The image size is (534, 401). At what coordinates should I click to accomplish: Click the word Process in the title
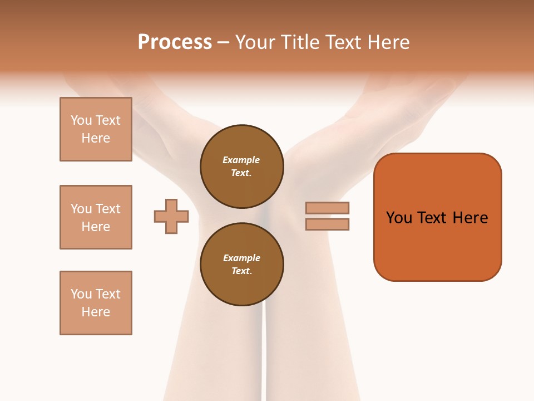coord(175,42)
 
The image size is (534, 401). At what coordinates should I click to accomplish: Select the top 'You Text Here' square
coord(96,129)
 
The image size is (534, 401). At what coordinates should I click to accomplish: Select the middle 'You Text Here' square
coord(96,217)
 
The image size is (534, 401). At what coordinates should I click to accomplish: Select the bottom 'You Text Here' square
coord(96,303)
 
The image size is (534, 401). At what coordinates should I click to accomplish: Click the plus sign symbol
coord(171,216)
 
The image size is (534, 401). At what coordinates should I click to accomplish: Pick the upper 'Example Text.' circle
coord(241,167)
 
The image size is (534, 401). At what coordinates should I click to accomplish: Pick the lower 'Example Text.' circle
coord(241,265)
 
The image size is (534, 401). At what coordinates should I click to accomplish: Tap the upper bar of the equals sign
coord(327,208)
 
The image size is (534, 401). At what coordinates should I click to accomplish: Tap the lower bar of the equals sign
coord(327,224)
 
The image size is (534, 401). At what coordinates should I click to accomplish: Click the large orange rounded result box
coord(437,245)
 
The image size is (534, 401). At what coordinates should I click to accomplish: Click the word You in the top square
coord(81,120)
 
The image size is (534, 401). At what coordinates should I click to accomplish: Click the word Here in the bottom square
coord(96,312)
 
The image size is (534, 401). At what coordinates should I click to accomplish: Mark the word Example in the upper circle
coord(241,160)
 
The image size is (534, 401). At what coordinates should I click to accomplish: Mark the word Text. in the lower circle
coord(241,271)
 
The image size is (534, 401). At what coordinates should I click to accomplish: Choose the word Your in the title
coord(256,42)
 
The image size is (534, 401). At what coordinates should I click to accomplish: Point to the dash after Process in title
coord(224,43)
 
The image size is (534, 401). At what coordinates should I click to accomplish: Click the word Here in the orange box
coord(470,218)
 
